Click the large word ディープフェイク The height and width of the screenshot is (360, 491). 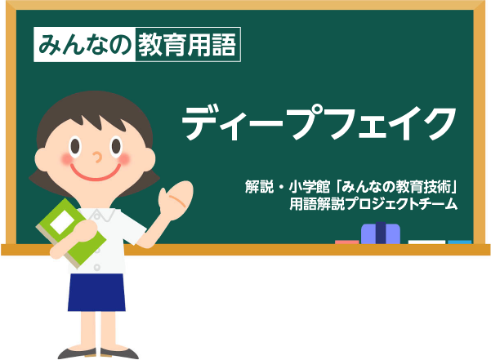pos(319,122)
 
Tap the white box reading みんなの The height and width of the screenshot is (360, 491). pos(84,44)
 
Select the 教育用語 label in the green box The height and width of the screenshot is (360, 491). pos(187,45)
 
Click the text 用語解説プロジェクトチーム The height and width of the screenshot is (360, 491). pos(373,204)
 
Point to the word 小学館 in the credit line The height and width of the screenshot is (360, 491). pos(309,187)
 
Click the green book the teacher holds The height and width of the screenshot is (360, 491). pos(71,233)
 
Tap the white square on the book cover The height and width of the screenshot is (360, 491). pos(62,220)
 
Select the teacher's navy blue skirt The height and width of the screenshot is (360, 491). pos(96,292)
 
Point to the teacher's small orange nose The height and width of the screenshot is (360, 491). pos(98,158)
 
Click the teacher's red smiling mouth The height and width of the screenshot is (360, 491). pos(96,174)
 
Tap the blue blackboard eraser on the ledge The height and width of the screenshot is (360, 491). pos(381,233)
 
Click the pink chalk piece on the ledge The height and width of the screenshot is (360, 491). pos(347,242)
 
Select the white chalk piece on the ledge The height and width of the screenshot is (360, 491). pos(426,242)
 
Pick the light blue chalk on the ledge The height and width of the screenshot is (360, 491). pos(459,242)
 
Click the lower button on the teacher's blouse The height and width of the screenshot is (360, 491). pos(97,268)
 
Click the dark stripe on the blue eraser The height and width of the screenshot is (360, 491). pos(381,233)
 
